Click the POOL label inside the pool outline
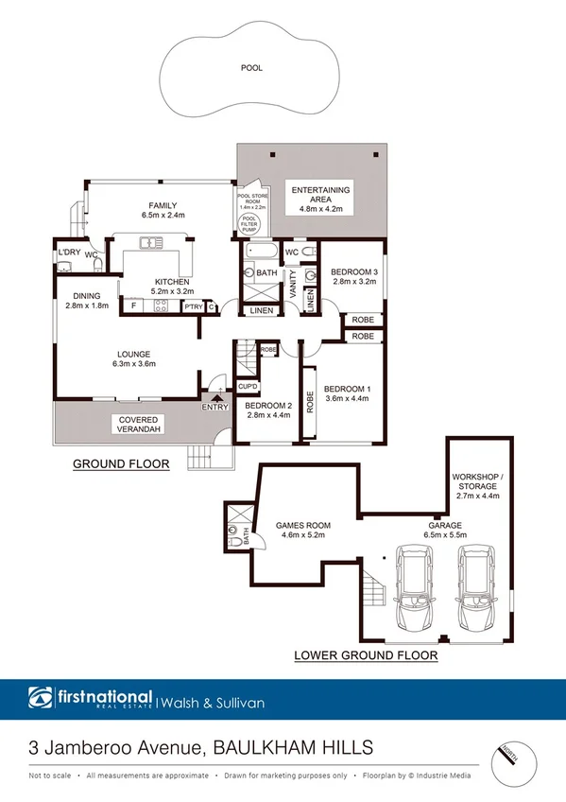pos(251,68)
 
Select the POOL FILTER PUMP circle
pos(250,223)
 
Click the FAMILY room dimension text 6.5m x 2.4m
pos(163,216)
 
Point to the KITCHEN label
pos(173,282)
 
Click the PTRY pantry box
pos(193,305)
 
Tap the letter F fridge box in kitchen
pos(133,305)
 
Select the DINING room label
pos(87,295)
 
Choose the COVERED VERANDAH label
pos(138,425)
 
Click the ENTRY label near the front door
pos(214,407)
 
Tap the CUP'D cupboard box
pos(249,387)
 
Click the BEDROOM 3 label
pos(354,273)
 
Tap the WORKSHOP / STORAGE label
pos(476,482)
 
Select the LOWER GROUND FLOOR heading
pos(352,654)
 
